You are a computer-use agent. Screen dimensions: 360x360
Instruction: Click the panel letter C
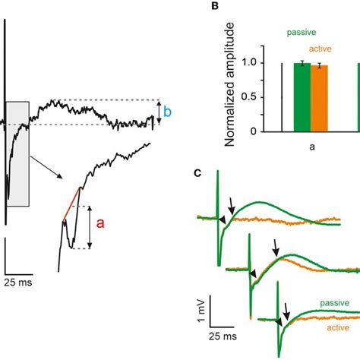[197, 173]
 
